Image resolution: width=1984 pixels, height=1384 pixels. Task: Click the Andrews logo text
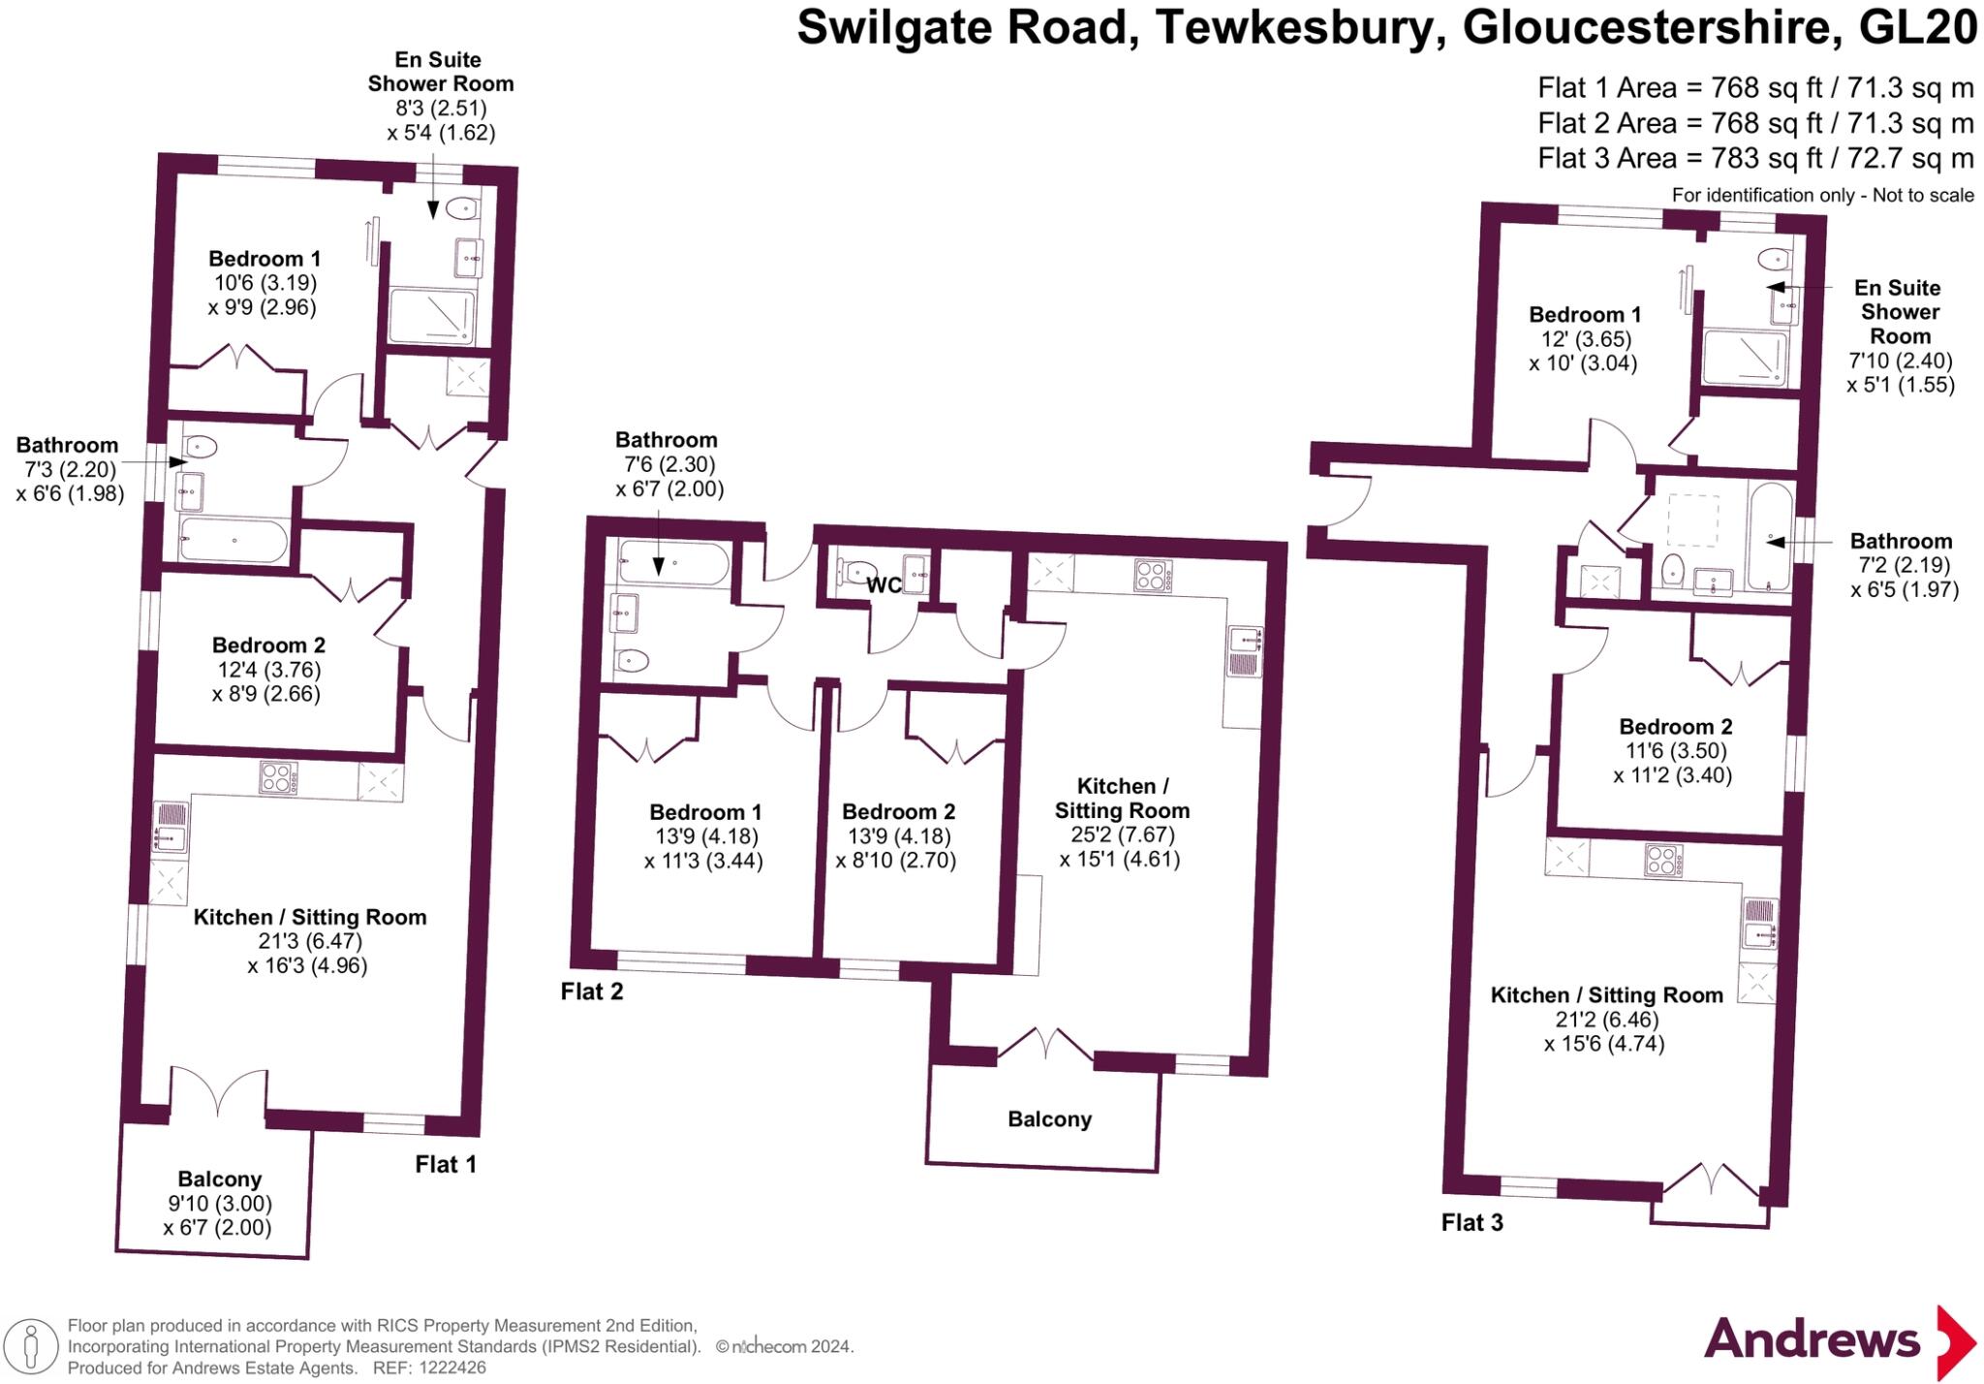click(1811, 1340)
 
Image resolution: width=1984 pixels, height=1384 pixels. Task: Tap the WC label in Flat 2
click(883, 584)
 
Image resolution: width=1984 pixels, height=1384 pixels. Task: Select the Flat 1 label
click(446, 1164)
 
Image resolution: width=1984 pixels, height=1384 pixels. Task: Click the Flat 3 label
click(1472, 1223)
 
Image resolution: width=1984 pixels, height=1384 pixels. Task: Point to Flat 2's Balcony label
click(1049, 1119)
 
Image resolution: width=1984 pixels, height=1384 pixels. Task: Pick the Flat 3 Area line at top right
click(1754, 158)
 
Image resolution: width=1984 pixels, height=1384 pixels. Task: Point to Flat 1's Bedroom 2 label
click(268, 645)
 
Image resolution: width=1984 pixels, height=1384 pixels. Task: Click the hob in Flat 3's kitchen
click(1663, 860)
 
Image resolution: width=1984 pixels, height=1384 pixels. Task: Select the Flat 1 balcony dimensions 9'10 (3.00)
click(218, 1204)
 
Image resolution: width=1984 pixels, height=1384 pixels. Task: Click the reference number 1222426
click(452, 1368)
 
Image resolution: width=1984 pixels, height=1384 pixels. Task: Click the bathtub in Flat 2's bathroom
click(674, 563)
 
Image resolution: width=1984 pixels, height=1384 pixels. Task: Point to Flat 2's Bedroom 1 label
click(705, 812)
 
